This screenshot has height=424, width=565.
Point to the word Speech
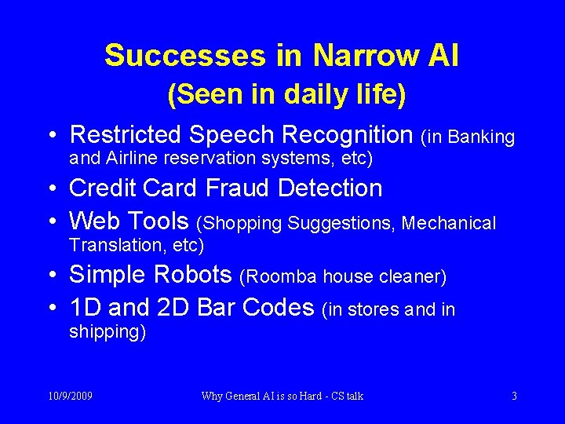point(242,135)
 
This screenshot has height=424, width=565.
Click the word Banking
point(481,137)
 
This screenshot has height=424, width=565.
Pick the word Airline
point(131,159)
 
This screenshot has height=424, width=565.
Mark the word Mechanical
point(449,224)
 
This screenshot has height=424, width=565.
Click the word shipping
point(105,332)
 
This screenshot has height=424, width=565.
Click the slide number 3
point(514,397)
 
